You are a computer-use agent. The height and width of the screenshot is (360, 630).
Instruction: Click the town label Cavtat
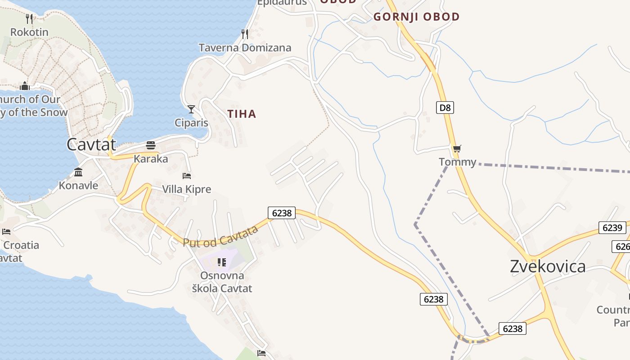[91, 144]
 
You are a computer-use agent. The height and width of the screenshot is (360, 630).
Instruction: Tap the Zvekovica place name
[548, 266]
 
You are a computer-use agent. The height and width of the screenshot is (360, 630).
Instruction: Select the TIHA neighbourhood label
[242, 114]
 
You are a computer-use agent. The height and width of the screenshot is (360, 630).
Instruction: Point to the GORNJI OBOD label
[416, 17]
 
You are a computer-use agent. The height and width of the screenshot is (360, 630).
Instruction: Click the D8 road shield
[445, 108]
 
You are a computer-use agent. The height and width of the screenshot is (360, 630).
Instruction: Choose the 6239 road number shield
[612, 228]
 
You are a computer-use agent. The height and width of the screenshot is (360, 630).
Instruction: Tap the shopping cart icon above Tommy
[457, 149]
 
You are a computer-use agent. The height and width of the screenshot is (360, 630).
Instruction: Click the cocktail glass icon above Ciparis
[191, 109]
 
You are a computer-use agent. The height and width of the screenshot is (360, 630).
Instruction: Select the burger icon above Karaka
[151, 145]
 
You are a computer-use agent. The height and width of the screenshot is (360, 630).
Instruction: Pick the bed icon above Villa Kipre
[187, 175]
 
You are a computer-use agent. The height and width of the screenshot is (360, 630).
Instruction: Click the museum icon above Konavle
[78, 172]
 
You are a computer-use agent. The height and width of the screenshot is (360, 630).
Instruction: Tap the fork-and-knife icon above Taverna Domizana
[245, 34]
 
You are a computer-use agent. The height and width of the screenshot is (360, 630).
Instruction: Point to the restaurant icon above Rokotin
[29, 18]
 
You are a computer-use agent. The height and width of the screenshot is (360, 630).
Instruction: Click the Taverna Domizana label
[245, 48]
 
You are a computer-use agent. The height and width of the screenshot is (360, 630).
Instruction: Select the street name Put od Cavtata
[220, 237]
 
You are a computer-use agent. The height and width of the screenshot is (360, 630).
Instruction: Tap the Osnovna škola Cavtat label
[222, 282]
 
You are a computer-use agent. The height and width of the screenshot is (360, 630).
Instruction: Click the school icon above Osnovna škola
[221, 262]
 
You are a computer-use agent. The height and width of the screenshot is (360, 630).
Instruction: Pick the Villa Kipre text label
[186, 189]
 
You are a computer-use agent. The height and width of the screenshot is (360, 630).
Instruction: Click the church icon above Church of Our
[25, 85]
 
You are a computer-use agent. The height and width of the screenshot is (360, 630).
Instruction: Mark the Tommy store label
[457, 162]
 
